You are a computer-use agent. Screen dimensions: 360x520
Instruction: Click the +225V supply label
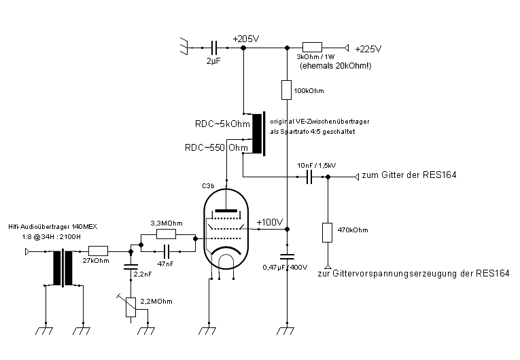pyautogui.click(x=368, y=48)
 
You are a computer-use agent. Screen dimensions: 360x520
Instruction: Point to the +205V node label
pyautogui.click(x=245, y=39)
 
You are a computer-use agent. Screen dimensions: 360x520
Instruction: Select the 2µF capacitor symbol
pyautogui.click(x=215, y=48)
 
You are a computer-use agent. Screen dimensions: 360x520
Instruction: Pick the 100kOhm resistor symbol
pyautogui.click(x=287, y=90)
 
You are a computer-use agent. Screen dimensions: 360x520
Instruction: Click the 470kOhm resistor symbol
pyautogui.click(x=328, y=232)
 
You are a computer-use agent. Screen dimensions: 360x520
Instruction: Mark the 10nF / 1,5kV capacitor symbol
pyautogui.click(x=309, y=177)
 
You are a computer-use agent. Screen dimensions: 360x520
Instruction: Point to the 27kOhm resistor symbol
pyautogui.click(x=98, y=251)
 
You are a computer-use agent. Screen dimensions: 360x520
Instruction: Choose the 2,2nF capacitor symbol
pyautogui.click(x=129, y=266)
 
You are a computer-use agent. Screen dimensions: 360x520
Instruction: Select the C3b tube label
pyautogui.click(x=209, y=185)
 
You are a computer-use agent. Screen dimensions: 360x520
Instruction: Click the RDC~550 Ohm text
pyautogui.click(x=216, y=147)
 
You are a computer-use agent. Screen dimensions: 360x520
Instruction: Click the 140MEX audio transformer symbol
pyautogui.click(x=64, y=267)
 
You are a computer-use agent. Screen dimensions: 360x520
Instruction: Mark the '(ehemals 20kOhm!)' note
pyautogui.click(x=331, y=66)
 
